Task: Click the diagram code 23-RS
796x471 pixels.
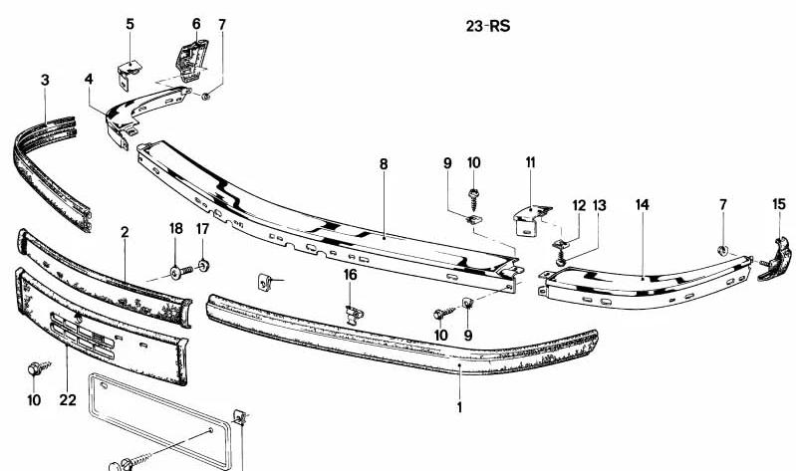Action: (x=488, y=26)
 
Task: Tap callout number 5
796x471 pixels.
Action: (x=131, y=24)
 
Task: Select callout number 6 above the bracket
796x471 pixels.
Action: (x=196, y=24)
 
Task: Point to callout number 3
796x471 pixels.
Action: (x=45, y=80)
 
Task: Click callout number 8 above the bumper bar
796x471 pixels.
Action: (x=384, y=164)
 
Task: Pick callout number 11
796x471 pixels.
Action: (x=530, y=162)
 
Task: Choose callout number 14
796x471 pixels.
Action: (x=643, y=204)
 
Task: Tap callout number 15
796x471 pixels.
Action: (x=779, y=204)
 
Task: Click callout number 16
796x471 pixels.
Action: (x=351, y=275)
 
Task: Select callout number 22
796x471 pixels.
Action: (x=68, y=400)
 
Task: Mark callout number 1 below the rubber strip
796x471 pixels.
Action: (x=459, y=407)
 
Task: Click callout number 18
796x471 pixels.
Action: (x=175, y=228)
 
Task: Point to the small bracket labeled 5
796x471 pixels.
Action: (x=129, y=74)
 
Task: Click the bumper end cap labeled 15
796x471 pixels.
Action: (x=776, y=259)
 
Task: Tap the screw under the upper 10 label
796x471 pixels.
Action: (x=474, y=199)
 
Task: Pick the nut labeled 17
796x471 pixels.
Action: (x=203, y=265)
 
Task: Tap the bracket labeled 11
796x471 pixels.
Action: (x=531, y=219)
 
